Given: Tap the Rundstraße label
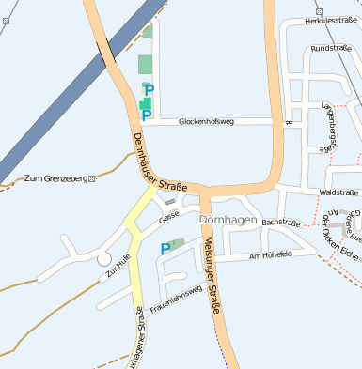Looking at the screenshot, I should [330, 48].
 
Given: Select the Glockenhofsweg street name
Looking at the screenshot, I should [212, 121].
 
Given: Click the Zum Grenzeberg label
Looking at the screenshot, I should [55, 177].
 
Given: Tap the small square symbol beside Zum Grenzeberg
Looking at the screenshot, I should [91, 177].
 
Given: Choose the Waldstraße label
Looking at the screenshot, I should [339, 192].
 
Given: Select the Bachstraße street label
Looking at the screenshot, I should [280, 223].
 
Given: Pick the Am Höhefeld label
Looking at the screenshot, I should [268, 255].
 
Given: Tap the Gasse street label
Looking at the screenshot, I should [169, 217].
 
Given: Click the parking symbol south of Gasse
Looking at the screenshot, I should [165, 249].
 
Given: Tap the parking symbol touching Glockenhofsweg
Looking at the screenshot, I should [146, 115].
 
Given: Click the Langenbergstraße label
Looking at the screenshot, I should [329, 128].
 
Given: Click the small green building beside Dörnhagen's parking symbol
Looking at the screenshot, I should [179, 243].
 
